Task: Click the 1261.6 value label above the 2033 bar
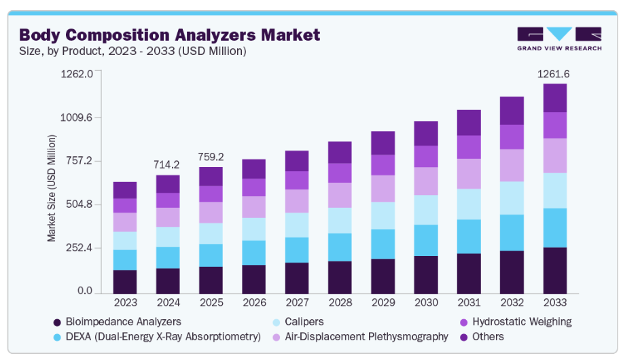(554, 73)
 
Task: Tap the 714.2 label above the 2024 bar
(167, 164)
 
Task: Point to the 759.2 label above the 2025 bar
(211, 156)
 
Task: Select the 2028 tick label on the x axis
(340, 302)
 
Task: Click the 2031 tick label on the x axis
(469, 302)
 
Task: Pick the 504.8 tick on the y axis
(77, 204)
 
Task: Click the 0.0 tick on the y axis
(84, 291)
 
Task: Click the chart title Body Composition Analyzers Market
(169, 35)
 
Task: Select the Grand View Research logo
(559, 39)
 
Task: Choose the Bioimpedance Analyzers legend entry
(116, 321)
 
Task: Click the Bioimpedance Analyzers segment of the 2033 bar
(555, 270)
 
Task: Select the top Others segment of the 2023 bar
(125, 190)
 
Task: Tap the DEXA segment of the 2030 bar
(426, 240)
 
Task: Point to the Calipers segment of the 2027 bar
(297, 225)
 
